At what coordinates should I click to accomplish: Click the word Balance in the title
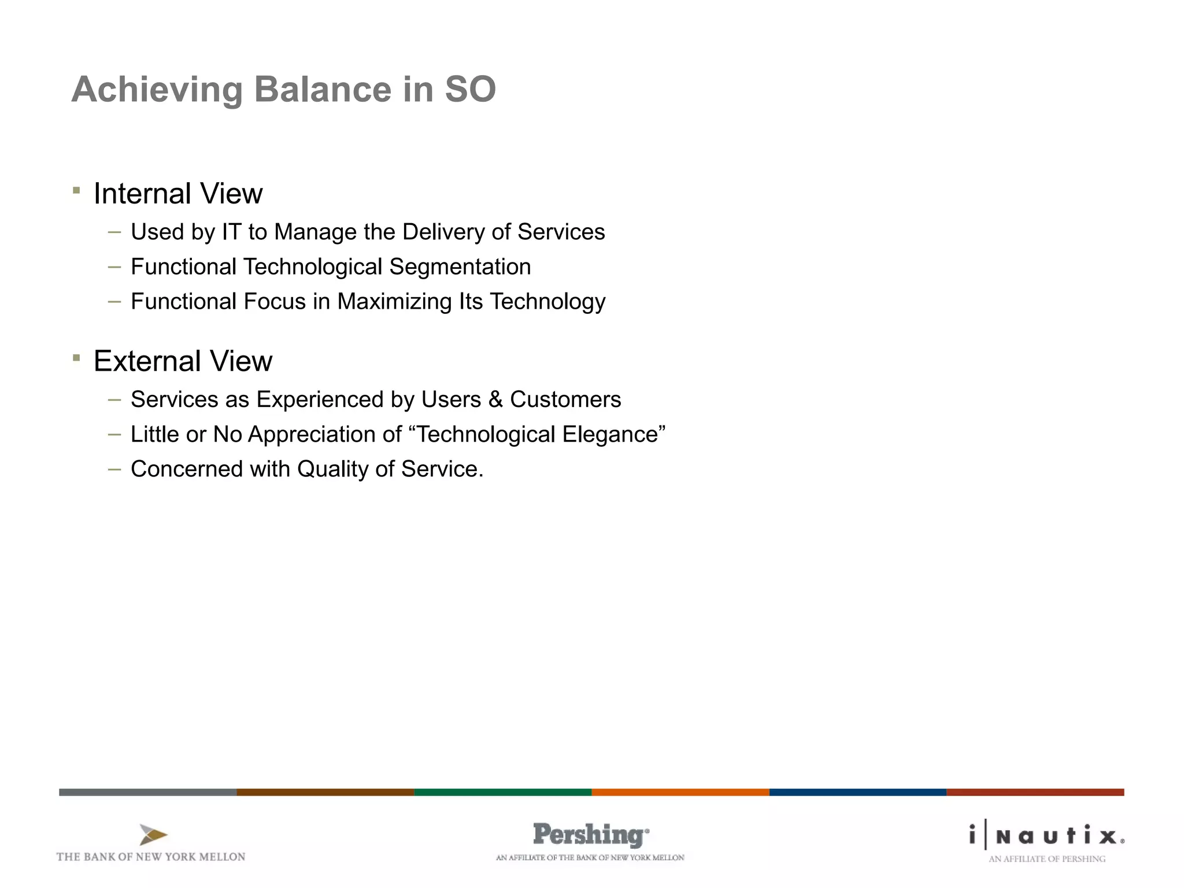coord(323,90)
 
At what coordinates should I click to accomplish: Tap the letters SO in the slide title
coord(470,90)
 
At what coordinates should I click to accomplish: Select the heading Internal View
coord(178,194)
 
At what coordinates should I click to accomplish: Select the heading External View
coord(183,361)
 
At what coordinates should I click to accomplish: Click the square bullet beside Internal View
coord(76,190)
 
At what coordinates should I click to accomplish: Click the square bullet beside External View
coord(76,358)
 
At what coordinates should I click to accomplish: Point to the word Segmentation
coord(460,267)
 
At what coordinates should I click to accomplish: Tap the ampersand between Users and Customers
coord(495,399)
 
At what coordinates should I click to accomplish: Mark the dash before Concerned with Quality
coord(114,469)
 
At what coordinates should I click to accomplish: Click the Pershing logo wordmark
coord(590,835)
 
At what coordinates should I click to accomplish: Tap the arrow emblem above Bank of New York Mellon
coord(153,835)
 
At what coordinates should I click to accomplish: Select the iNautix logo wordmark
coord(1047,836)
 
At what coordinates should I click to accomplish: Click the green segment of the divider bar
coord(502,792)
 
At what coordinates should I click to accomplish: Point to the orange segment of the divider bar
coord(680,792)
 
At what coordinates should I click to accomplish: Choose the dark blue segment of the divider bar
coord(857,792)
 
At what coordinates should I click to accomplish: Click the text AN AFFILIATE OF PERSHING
coord(1046,859)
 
